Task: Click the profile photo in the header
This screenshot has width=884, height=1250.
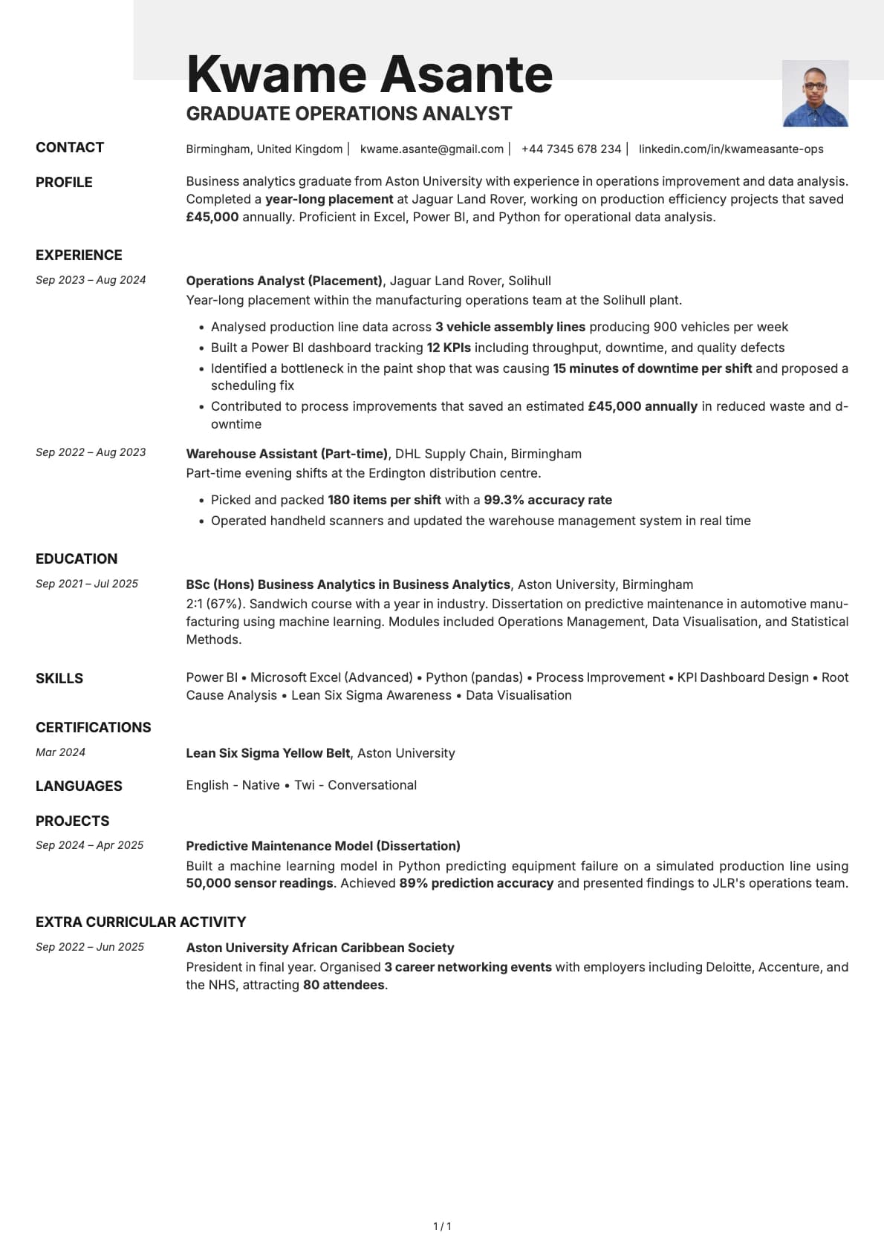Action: (x=815, y=94)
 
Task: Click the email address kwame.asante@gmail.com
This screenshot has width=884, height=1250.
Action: (x=432, y=149)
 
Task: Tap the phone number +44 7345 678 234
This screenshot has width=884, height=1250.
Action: (x=571, y=149)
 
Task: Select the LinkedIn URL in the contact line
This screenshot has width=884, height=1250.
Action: (x=730, y=149)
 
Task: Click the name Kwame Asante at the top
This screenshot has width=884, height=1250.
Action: (x=369, y=74)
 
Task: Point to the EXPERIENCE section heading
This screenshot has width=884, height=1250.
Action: (x=79, y=255)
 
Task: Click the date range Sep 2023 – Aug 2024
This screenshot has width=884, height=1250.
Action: (x=91, y=280)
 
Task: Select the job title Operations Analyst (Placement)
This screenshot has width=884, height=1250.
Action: (x=284, y=281)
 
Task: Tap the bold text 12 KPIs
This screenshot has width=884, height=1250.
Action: (x=448, y=348)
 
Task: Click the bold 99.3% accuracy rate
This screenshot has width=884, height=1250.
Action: (x=547, y=500)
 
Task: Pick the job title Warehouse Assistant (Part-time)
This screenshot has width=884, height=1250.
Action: (x=287, y=454)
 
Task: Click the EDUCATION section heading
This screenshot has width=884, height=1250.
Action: (x=77, y=559)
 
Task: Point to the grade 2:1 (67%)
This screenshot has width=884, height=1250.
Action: (x=215, y=604)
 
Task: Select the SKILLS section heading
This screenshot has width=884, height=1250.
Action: (x=59, y=678)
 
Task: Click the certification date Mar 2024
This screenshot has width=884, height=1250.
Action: (x=60, y=752)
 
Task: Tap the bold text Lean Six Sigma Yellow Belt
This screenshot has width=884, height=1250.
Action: (x=267, y=753)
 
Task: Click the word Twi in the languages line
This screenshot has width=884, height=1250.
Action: (x=305, y=785)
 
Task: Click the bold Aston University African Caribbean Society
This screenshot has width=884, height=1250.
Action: (x=319, y=948)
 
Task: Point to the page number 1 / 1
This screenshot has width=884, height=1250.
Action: (x=442, y=1226)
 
